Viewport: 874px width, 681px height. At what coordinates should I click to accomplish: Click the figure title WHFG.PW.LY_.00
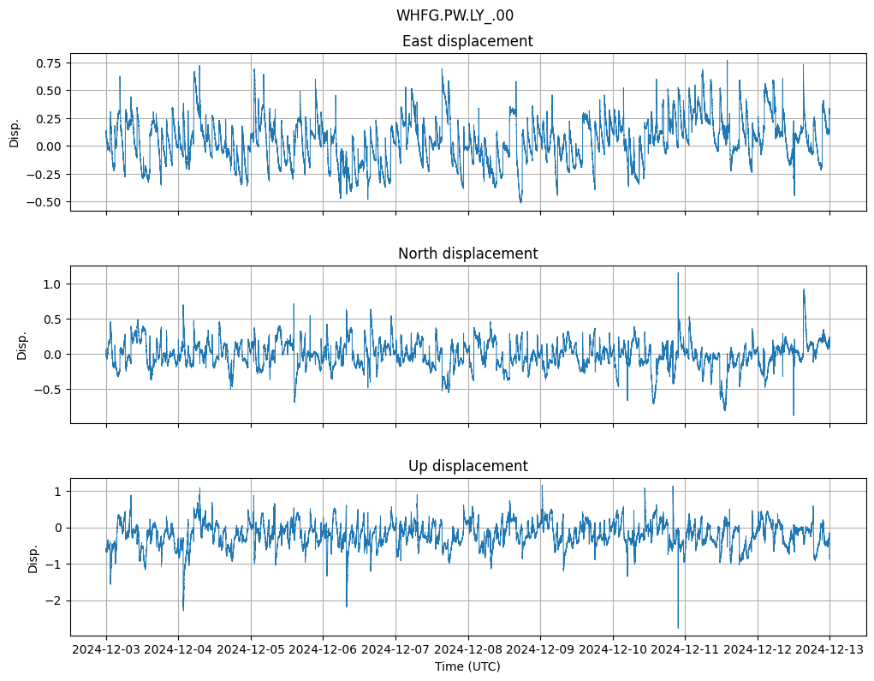click(x=455, y=15)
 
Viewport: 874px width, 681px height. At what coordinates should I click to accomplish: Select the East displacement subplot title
click(x=467, y=41)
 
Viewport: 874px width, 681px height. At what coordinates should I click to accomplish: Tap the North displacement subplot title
click(x=467, y=254)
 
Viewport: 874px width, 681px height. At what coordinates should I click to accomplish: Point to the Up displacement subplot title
click(x=467, y=466)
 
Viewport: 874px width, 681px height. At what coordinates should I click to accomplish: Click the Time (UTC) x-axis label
click(x=467, y=666)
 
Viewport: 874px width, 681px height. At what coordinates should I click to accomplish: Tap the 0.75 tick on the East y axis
click(x=49, y=63)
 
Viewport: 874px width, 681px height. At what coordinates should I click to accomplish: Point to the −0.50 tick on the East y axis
click(x=45, y=202)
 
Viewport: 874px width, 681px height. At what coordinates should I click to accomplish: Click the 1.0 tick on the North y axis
click(x=55, y=284)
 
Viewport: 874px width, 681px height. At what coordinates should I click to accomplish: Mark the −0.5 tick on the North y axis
click(x=51, y=390)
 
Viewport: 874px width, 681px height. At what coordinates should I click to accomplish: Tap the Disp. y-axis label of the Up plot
click(x=33, y=557)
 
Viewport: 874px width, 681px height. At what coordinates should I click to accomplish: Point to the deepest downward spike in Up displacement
click(x=678, y=628)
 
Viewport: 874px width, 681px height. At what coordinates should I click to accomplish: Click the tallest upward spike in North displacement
click(x=678, y=273)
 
